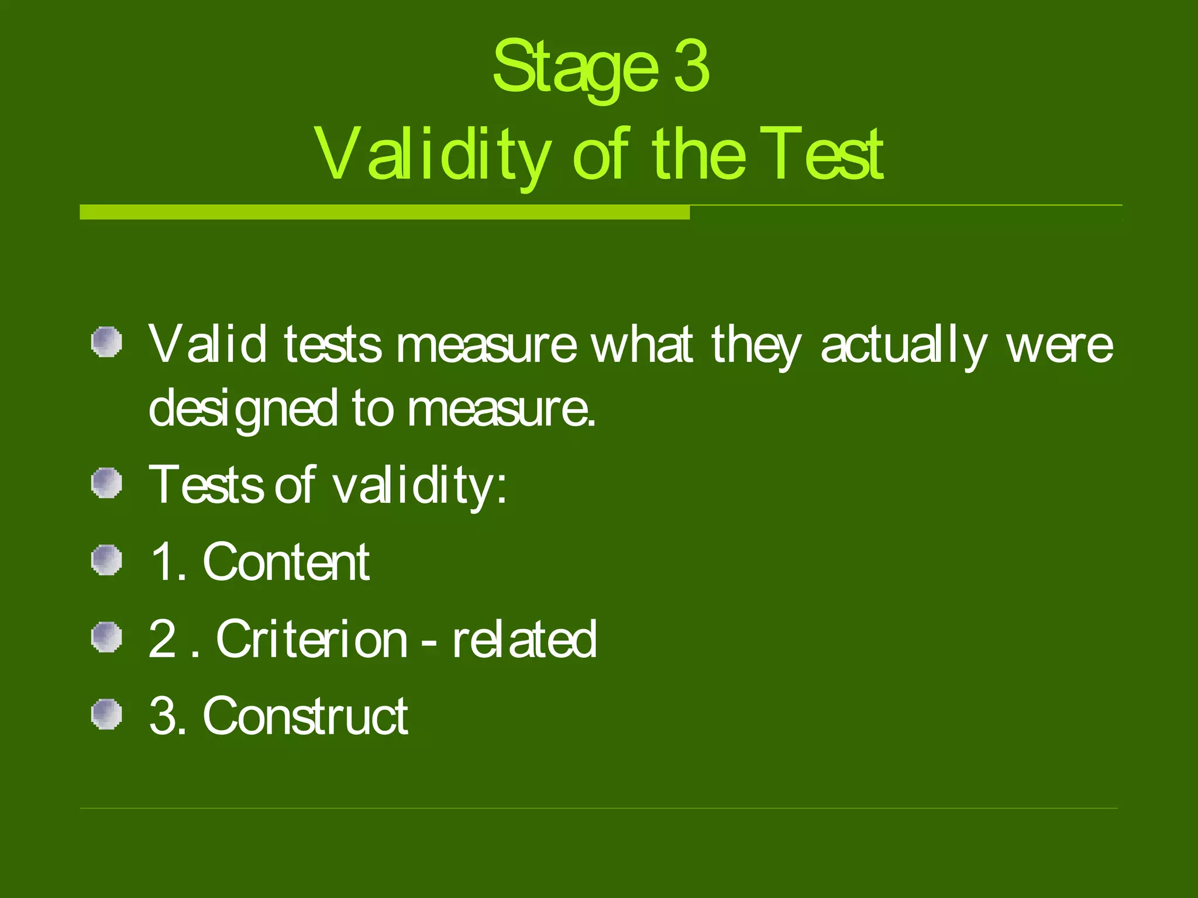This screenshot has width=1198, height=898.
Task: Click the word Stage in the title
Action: click(x=575, y=68)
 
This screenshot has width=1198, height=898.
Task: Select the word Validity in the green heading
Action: click(x=432, y=155)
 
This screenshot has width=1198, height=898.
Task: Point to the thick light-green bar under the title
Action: click(x=384, y=212)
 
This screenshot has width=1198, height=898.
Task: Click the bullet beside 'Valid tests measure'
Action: click(x=106, y=341)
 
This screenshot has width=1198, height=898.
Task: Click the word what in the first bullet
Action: click(x=642, y=345)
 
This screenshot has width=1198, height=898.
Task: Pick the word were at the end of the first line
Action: click(x=1059, y=345)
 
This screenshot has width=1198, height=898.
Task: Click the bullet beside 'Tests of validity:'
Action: click(x=106, y=483)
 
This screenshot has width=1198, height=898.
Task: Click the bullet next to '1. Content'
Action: click(x=106, y=560)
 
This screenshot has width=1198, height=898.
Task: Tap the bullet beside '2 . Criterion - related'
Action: click(x=106, y=637)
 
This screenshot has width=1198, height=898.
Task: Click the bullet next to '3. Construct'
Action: click(x=106, y=714)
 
